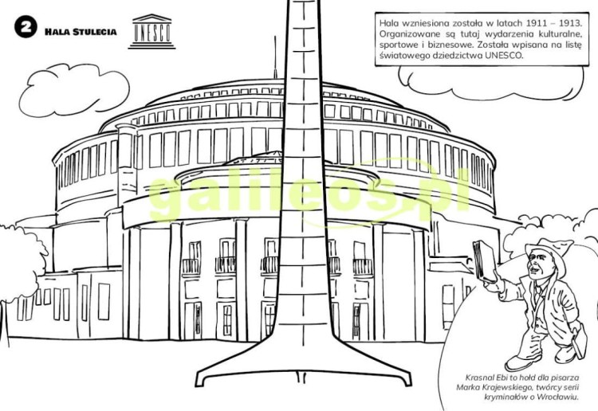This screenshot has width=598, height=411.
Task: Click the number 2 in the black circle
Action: coord(26,27)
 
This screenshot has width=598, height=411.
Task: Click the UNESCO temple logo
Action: coord(151,32)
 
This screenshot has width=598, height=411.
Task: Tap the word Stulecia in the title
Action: coord(95,32)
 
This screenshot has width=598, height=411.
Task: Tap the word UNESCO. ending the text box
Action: coord(505,55)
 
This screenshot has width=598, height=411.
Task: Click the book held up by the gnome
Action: coord(484,261)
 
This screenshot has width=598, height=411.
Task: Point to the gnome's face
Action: coord(538,264)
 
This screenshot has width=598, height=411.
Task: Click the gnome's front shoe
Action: coord(522,362)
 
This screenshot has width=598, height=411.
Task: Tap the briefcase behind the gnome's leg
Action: coord(580,342)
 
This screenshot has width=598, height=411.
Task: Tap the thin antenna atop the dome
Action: coord(274,58)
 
